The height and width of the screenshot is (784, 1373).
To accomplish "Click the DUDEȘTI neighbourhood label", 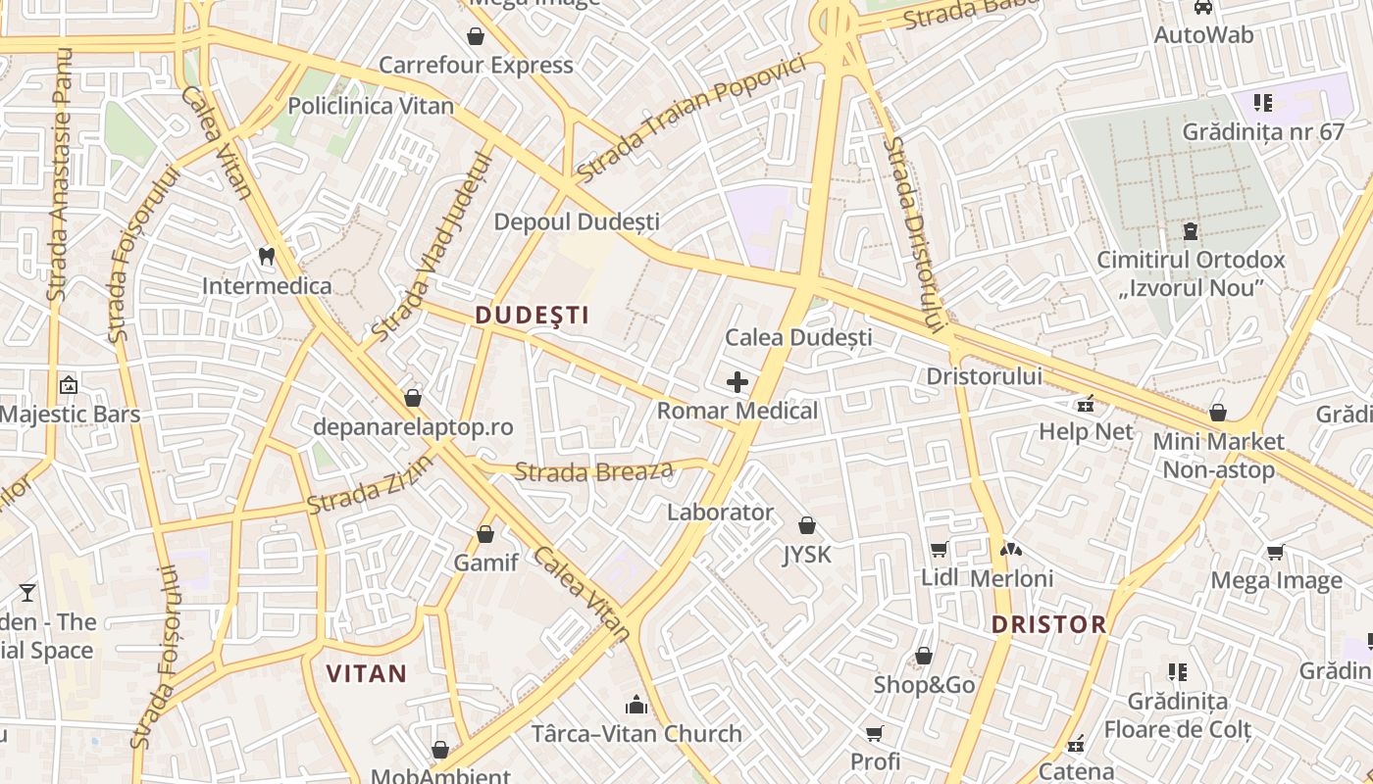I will [x=532, y=316].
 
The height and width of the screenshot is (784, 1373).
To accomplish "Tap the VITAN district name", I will [x=366, y=673].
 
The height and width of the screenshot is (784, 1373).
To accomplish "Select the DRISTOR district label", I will [x=1048, y=624].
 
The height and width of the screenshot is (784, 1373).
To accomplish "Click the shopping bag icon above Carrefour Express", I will [x=476, y=37].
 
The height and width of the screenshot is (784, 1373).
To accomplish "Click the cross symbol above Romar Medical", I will [x=737, y=382].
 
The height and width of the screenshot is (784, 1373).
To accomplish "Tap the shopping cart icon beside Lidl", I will [x=939, y=550].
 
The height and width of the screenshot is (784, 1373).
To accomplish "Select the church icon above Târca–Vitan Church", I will [x=636, y=705].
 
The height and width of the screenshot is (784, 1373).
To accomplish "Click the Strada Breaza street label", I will [x=594, y=471].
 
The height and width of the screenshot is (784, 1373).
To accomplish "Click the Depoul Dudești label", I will [x=577, y=222].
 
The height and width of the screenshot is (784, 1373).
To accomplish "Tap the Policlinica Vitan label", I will [x=371, y=106].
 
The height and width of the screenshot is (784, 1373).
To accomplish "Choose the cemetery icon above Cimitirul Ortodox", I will [x=1191, y=232].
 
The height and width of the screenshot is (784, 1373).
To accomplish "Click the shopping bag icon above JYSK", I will [x=806, y=526].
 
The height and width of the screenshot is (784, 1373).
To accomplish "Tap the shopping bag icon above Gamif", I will [x=484, y=535].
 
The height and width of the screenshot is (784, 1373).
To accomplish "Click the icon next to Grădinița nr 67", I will [x=1263, y=102].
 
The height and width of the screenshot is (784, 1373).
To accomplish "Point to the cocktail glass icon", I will [x=27, y=593].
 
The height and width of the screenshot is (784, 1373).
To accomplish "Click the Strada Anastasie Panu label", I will [x=61, y=173].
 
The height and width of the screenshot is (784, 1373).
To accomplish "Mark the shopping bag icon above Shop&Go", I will [x=923, y=656].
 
